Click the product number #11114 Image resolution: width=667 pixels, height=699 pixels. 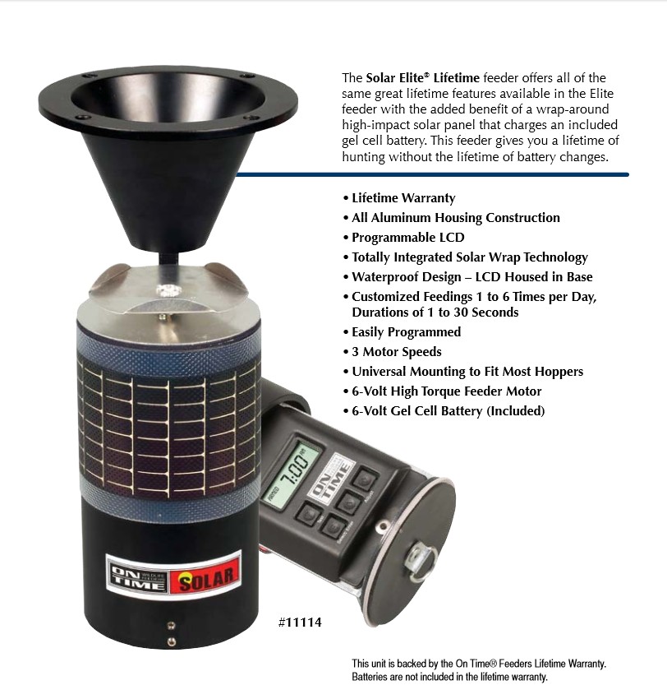(x=300, y=623)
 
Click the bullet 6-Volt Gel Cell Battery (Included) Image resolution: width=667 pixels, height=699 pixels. (x=448, y=411)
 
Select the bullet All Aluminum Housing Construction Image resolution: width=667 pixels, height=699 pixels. (x=455, y=218)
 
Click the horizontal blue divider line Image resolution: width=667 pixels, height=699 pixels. (x=435, y=174)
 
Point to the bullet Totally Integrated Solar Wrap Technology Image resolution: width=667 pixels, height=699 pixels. (x=469, y=257)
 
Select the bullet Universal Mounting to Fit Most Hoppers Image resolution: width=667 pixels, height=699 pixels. (x=467, y=372)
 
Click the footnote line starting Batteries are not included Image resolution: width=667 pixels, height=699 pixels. (x=449, y=678)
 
